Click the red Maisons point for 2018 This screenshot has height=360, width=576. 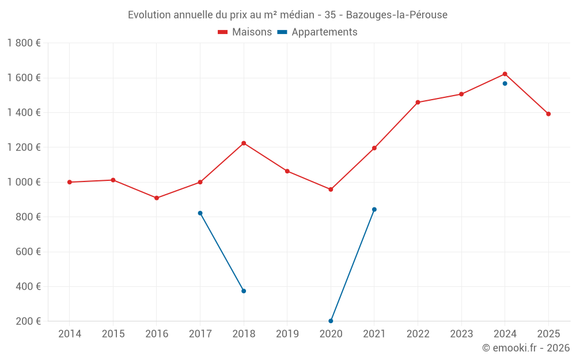pyautogui.click(x=244, y=143)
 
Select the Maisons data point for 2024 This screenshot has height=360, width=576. pyautogui.click(x=505, y=74)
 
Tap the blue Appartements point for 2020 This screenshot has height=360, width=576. pyautogui.click(x=331, y=321)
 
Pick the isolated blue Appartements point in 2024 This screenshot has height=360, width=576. pyautogui.click(x=505, y=84)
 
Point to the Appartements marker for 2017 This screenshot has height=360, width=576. pyautogui.click(x=200, y=213)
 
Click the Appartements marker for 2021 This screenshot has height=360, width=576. pyautogui.click(x=374, y=209)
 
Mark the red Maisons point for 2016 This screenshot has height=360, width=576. pyautogui.click(x=157, y=198)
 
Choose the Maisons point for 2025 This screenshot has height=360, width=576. pyautogui.click(x=548, y=114)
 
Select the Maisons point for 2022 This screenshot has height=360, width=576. pyautogui.click(x=418, y=103)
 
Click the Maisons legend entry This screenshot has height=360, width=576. pyautogui.click(x=245, y=32)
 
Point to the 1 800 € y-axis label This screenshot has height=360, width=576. pyautogui.click(x=24, y=43)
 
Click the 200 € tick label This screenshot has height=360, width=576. pyautogui.click(x=28, y=321)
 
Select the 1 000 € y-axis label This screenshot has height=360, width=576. pyautogui.click(x=24, y=183)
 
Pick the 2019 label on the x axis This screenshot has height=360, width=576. pyautogui.click(x=287, y=334)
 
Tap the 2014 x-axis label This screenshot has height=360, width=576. pyautogui.click(x=70, y=334)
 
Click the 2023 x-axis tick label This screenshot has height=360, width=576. pyautogui.click(x=461, y=334)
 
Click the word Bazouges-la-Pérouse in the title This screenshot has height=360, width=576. pyautogui.click(x=396, y=15)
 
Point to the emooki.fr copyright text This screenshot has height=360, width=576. pyautogui.click(x=525, y=348)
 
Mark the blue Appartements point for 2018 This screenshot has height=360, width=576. pyautogui.click(x=244, y=291)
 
